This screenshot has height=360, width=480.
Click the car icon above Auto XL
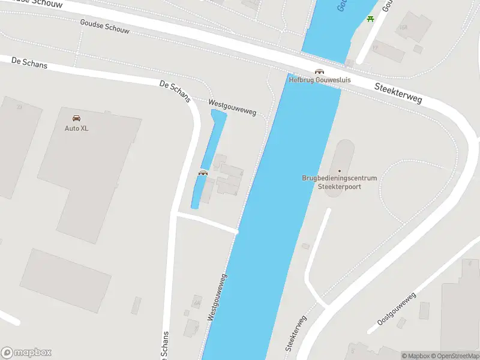click(76, 118)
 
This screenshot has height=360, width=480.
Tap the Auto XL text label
click(77, 128)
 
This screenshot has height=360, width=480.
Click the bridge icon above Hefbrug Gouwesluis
click(319, 71)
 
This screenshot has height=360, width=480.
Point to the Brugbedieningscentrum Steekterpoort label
click(339, 182)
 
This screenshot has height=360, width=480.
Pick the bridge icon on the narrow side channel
click(203, 173)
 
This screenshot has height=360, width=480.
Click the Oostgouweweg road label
click(397, 310)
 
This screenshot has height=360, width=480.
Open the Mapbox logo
click(26, 353)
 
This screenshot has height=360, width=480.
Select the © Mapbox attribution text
click(415, 356)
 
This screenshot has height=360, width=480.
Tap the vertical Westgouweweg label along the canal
click(217, 298)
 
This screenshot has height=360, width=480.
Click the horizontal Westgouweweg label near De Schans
click(232, 107)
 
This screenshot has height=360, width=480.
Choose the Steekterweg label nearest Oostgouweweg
click(296, 334)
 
